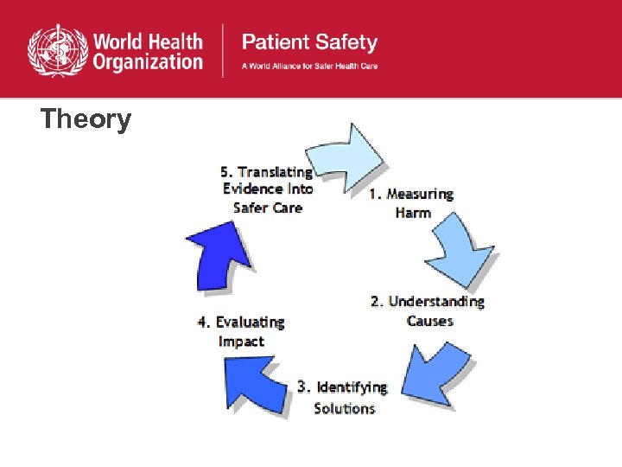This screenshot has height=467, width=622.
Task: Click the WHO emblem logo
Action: tap(57, 49)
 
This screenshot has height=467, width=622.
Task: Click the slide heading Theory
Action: tap(86, 118)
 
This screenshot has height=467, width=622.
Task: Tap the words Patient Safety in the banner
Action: tap(309, 42)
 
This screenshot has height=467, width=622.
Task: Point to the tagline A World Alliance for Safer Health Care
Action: tap(309, 66)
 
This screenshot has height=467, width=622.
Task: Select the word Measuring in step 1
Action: tap(419, 194)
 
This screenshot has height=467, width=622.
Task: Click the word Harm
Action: tap(413, 213)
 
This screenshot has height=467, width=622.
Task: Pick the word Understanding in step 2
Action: tap(436, 302)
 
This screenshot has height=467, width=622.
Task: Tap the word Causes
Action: tap(430, 321)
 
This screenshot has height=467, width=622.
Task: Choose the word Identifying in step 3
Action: tap(352, 387)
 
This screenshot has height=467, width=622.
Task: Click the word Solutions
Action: tap(345, 407)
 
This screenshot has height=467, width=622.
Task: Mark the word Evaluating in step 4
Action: tap(250, 322)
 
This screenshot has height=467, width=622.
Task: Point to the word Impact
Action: tap(241, 342)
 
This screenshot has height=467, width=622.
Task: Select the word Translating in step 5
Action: tap(276, 172)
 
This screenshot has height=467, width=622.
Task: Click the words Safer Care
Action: tap(268, 208)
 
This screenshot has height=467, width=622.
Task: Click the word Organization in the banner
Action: tap(149, 61)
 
